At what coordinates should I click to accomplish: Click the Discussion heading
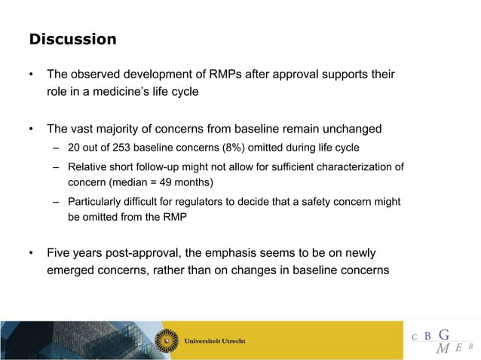pyautogui.click(x=72, y=39)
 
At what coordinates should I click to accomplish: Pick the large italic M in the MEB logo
pyautogui.click(x=443, y=348)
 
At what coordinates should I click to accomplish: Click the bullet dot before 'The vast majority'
pyautogui.click(x=31, y=128)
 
